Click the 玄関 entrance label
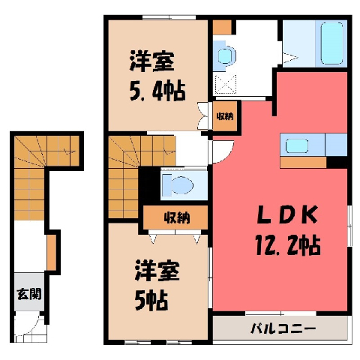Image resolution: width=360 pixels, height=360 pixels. tap(29, 294)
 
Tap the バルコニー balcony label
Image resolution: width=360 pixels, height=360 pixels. tap(283, 328)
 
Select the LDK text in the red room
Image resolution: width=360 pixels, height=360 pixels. tap(287, 214)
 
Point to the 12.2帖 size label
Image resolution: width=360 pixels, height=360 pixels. tap(287, 245)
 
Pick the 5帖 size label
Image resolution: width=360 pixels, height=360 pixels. tap(151, 301)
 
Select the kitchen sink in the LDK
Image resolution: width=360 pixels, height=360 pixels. tap(297, 145)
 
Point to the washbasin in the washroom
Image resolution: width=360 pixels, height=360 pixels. tap(226, 55)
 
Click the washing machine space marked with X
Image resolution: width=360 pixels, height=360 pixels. tap(226, 84)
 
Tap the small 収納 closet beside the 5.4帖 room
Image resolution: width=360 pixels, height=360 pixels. tap(225, 116)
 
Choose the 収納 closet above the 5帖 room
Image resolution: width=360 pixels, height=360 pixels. tap(175, 217)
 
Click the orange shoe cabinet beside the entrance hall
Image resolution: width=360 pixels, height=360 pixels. tap(52, 253)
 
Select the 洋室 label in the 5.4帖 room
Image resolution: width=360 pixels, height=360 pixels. tap(151, 61)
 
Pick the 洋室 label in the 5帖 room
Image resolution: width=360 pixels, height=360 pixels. tap(157, 271)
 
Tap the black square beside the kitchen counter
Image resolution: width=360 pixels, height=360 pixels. tap(337, 162)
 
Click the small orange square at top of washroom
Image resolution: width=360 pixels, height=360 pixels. tap(222, 27)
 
